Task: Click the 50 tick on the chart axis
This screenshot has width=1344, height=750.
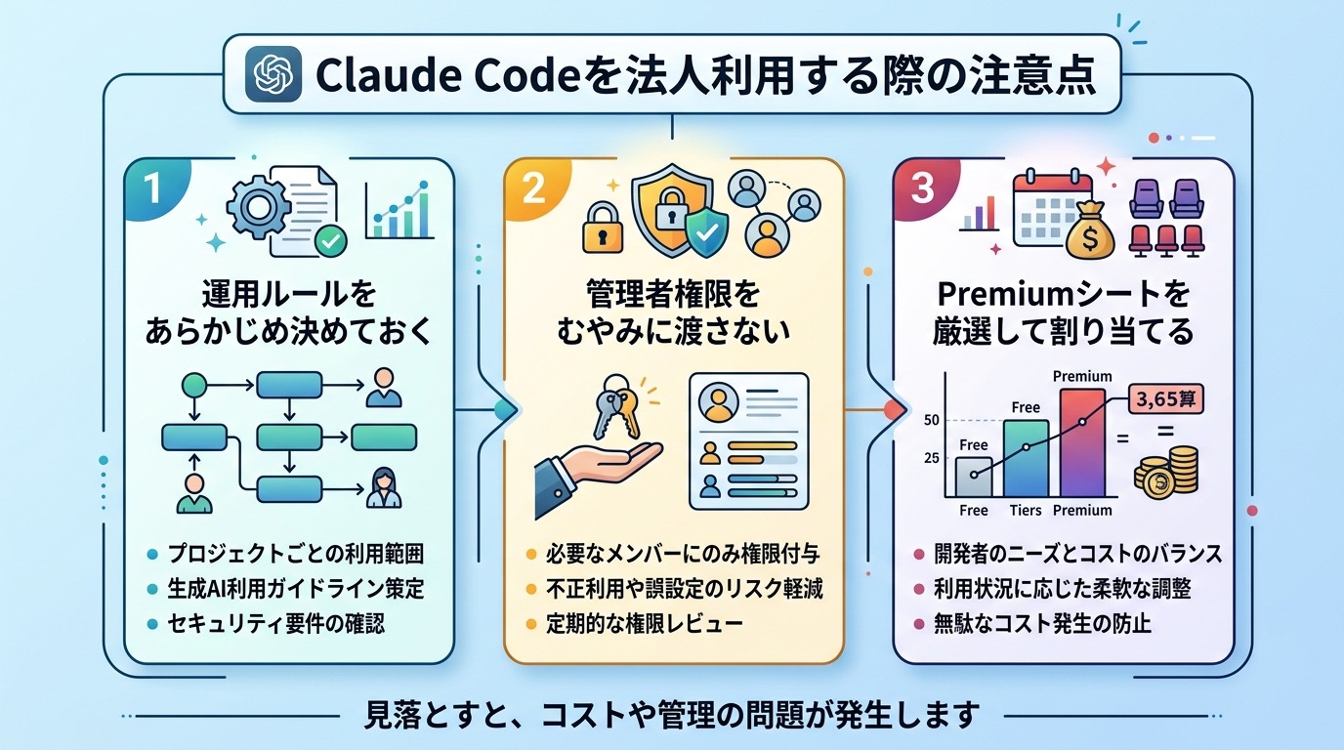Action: click(931, 421)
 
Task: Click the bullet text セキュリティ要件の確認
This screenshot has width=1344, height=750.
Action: click(274, 623)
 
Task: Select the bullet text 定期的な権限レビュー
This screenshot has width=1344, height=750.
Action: click(660, 623)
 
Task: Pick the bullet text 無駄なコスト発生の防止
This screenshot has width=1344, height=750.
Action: click(1048, 623)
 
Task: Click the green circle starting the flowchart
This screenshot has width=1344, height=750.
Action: click(191, 384)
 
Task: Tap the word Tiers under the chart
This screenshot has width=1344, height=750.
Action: click(1025, 510)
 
